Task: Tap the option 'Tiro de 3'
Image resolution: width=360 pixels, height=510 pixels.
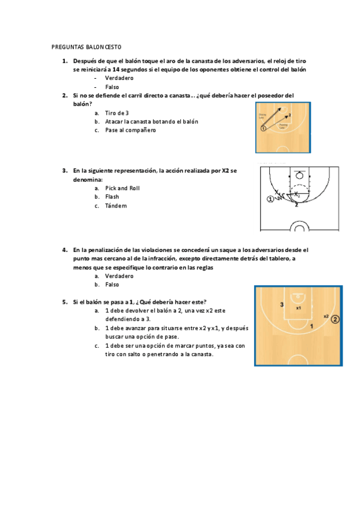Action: [x=117, y=112]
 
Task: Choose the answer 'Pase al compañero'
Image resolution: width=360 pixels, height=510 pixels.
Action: [x=130, y=130]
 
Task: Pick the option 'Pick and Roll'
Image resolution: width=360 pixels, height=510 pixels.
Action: [x=122, y=188]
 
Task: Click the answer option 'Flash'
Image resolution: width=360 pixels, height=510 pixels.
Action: [x=112, y=197]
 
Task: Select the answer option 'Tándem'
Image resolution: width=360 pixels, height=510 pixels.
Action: [x=116, y=206]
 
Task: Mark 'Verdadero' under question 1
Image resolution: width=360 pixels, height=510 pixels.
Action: [x=119, y=78]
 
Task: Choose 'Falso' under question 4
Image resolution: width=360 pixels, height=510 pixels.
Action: [x=112, y=284]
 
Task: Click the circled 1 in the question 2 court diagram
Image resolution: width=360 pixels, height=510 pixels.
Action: [x=263, y=128]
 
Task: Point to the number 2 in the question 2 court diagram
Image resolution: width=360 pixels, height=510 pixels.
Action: [x=290, y=114]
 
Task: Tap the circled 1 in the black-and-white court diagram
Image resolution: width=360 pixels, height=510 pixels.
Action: [x=270, y=198]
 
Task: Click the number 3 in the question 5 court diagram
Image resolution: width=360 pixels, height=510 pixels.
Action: [x=281, y=306]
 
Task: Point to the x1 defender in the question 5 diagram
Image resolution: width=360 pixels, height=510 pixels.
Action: [x=298, y=307]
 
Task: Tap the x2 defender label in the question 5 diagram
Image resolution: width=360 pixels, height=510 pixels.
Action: [x=325, y=316]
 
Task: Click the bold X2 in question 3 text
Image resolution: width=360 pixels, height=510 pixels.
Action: [x=225, y=171]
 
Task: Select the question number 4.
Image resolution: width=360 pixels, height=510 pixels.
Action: [x=64, y=249]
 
